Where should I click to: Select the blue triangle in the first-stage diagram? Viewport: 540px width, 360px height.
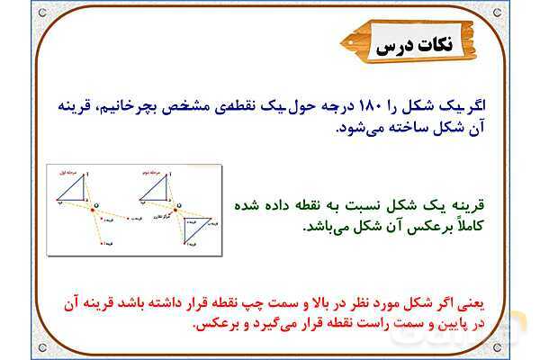pos(71,189)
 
